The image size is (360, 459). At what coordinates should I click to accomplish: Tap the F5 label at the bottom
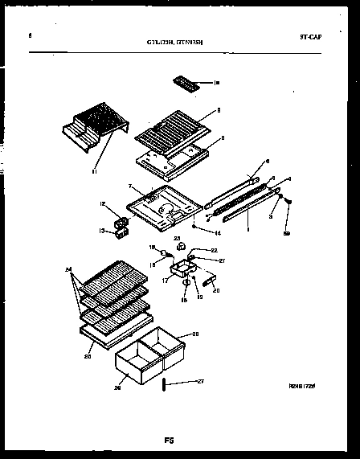[170, 441]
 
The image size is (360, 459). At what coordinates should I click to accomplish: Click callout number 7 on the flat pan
[129, 186]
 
